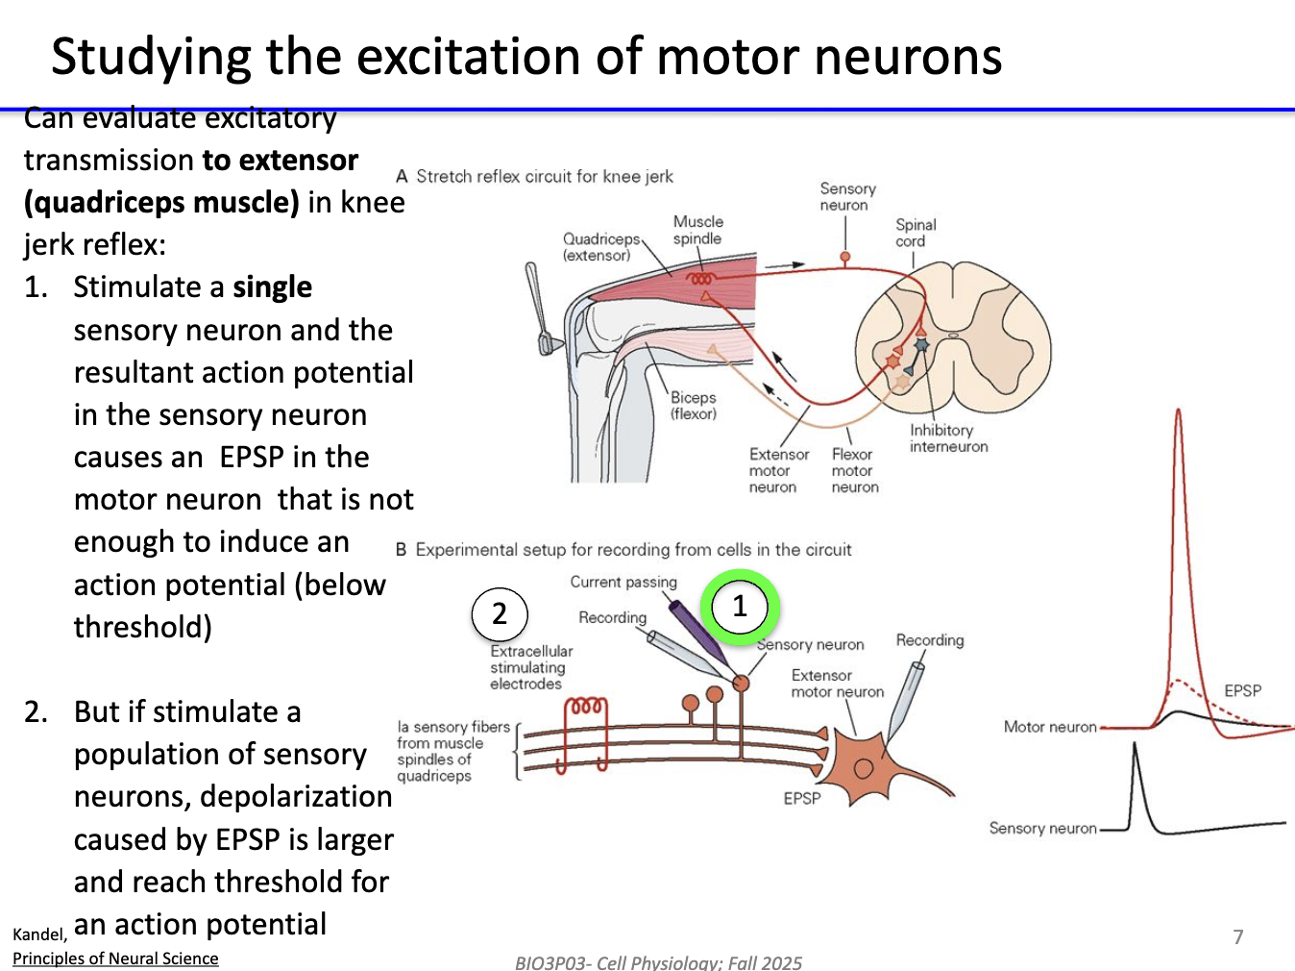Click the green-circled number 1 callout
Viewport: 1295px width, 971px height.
coord(739,607)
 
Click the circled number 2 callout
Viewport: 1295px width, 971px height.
coord(500,613)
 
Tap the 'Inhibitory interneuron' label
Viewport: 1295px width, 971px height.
coord(948,438)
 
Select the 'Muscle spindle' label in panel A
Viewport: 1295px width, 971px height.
coord(697,230)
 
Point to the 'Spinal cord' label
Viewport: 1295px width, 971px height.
coord(915,233)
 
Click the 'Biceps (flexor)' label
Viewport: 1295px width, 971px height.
coord(693,406)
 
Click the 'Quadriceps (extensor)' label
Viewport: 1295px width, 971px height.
coord(600,247)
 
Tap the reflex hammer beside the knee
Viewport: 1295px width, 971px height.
coord(538,308)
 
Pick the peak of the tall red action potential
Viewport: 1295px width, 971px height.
coord(1178,413)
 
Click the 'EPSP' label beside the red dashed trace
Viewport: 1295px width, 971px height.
coord(1242,690)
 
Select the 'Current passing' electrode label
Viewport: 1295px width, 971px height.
coord(623,582)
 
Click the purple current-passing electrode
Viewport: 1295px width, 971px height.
coord(697,635)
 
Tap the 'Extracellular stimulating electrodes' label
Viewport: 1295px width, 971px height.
coord(530,667)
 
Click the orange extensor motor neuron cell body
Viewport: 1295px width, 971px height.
coord(862,766)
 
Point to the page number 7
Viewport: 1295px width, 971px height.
coord(1238,936)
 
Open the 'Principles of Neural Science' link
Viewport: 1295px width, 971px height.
coord(115,959)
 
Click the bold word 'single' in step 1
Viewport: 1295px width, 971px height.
coord(272,287)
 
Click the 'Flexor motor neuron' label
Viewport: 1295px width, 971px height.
coord(854,470)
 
